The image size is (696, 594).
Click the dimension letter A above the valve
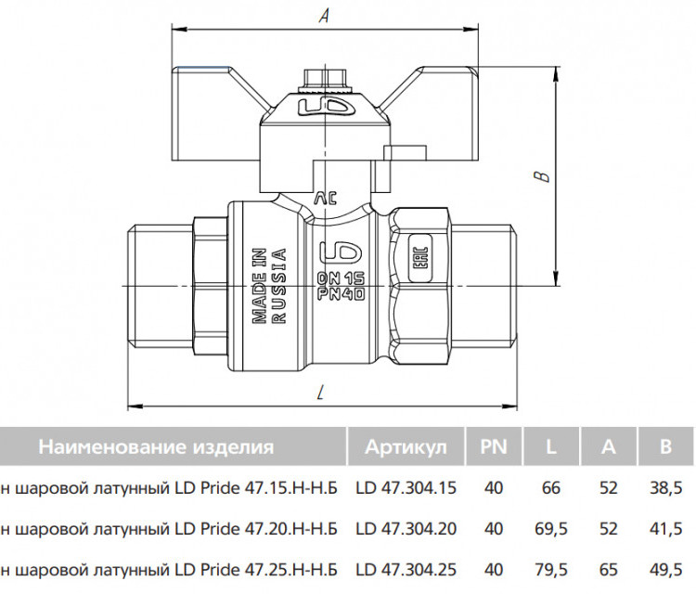(x=325, y=16)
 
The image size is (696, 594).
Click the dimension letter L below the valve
(x=321, y=393)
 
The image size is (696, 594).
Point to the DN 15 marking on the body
(x=342, y=278)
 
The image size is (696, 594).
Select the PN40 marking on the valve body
(x=342, y=294)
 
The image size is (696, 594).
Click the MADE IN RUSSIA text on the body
(x=269, y=286)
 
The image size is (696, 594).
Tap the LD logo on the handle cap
(x=326, y=107)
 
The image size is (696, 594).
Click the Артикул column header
(x=406, y=446)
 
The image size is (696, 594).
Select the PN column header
(x=494, y=446)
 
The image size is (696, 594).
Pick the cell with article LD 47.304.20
(x=406, y=529)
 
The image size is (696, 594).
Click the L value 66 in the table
(x=551, y=488)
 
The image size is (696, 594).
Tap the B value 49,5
(x=665, y=570)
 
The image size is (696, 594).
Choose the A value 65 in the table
(x=608, y=570)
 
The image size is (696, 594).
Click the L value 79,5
(x=551, y=570)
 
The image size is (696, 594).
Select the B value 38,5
(x=665, y=488)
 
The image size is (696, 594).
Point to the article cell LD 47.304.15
(x=406, y=488)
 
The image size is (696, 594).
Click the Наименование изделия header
(x=156, y=446)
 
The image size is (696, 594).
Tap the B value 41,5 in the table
(x=665, y=529)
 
